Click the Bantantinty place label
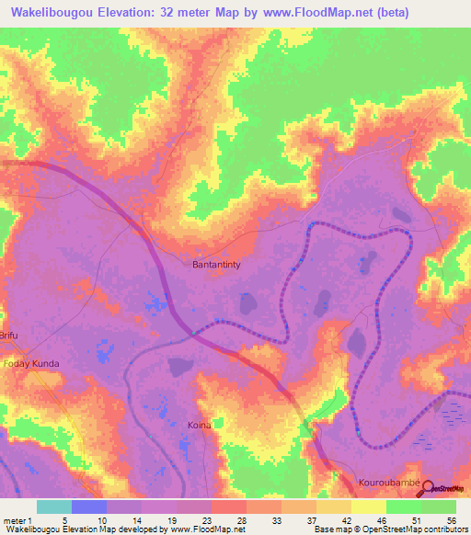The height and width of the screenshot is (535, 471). click(217, 266)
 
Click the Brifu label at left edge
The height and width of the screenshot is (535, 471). click(8, 336)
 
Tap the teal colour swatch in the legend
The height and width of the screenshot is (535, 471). click(54, 507)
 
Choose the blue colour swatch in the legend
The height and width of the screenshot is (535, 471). click(89, 507)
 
